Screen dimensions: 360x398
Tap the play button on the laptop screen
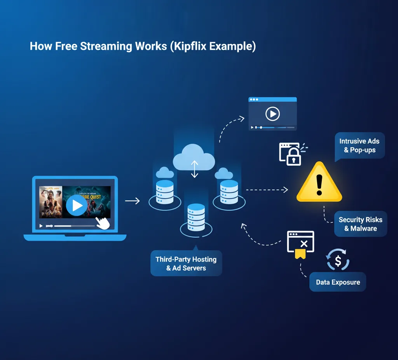coord(77,205)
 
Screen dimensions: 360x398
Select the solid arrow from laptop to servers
coord(132,201)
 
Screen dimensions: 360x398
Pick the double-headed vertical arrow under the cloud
coord(194,169)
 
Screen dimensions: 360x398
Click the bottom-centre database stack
coord(196,217)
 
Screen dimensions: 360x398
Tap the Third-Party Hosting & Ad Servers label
coord(186,264)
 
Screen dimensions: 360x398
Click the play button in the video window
coord(272,114)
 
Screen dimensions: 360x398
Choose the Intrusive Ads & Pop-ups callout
coord(359,145)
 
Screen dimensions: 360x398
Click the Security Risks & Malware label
coord(360,224)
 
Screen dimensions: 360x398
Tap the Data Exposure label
coord(338,282)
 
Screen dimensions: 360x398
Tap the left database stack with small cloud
coord(165,191)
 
